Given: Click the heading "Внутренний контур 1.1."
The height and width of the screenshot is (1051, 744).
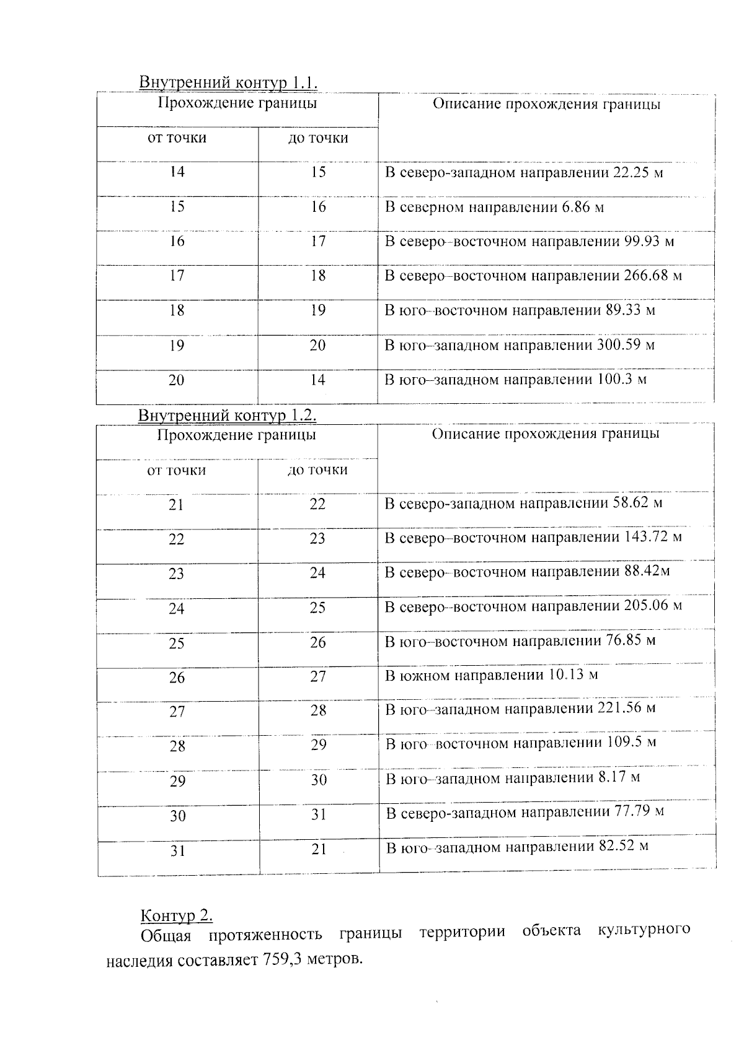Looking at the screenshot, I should [228, 82].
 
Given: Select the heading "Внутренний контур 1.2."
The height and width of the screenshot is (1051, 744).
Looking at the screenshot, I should [228, 414].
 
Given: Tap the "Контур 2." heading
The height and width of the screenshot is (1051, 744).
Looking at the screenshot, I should [177, 915].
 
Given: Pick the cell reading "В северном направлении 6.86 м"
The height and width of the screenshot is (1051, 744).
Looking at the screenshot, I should [494, 207].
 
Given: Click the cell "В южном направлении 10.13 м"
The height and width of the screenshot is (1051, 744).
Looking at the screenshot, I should [491, 675].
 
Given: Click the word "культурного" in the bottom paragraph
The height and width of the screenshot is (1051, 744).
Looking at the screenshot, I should [644, 930].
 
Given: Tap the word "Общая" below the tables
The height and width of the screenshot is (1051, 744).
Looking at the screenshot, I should [166, 935].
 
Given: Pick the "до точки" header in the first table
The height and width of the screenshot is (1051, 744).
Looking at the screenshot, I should [318, 138].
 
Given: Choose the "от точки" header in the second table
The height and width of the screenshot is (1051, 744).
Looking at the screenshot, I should [177, 471].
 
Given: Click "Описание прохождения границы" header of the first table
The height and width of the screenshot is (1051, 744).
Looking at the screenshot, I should [546, 104].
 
